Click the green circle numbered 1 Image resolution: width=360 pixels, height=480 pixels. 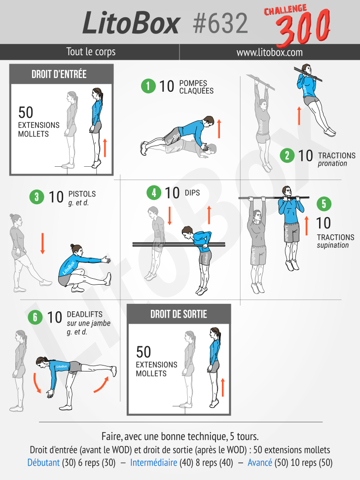[148, 86]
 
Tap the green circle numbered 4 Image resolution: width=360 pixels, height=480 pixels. [154, 193]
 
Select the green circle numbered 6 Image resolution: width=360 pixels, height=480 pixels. [35, 317]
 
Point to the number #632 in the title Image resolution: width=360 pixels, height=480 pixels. [220, 24]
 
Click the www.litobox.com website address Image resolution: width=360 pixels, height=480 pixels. [269, 52]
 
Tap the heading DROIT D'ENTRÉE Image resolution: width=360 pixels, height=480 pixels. [59, 74]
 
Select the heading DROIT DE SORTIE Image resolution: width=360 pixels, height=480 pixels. [179, 314]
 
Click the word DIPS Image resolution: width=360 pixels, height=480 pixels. [192, 193]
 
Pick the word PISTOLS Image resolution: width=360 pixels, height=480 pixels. [82, 194]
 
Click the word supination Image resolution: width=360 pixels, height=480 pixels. [333, 245]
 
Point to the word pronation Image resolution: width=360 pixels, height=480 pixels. [332, 163]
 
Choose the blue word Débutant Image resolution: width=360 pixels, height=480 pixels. [43, 462]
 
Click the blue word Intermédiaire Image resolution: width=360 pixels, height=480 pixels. [154, 462]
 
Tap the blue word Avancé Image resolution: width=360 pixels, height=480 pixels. [260, 462]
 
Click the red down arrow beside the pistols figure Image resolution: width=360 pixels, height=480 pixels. [42, 243]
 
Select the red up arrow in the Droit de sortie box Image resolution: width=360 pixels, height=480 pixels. [223, 387]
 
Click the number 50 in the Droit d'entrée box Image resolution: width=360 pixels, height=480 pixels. [26, 112]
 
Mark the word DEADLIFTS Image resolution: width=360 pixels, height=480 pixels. [84, 314]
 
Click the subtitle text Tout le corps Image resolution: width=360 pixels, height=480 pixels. [91, 52]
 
